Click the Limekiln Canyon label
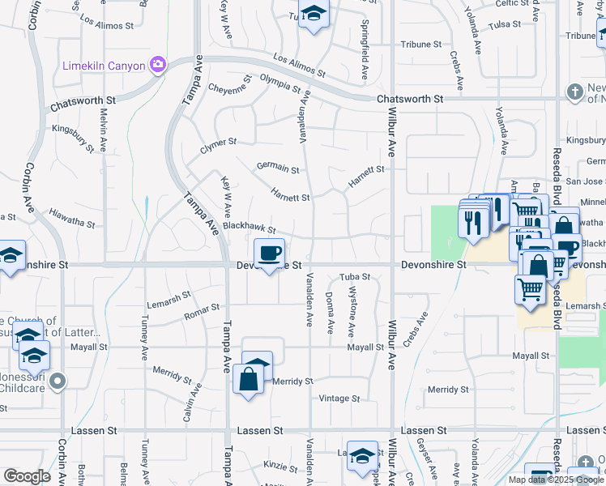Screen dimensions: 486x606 click(x=104, y=66)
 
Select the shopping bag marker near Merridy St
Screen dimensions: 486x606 click(x=249, y=379)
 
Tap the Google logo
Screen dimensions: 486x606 click(x=27, y=476)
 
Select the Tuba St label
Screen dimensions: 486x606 click(x=355, y=277)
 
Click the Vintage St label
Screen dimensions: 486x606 click(x=339, y=399)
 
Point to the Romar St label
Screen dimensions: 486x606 click(x=203, y=310)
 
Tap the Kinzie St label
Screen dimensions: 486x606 click(x=280, y=467)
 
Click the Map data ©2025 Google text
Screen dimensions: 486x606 click(x=555, y=480)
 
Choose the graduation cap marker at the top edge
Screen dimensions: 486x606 click(x=314, y=15)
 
